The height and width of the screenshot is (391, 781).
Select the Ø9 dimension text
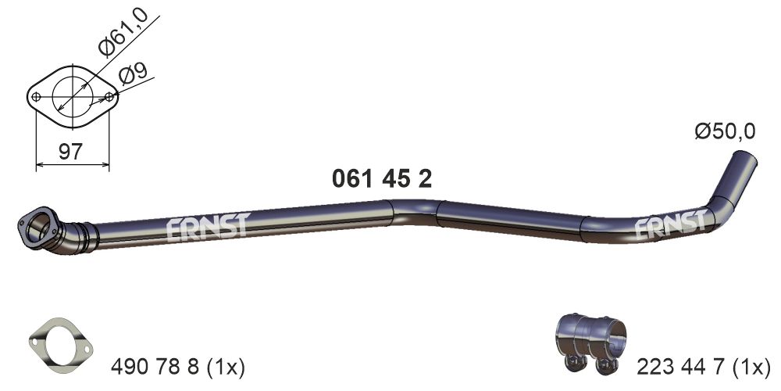[x=134, y=75]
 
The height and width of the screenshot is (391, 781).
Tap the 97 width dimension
[x=70, y=152]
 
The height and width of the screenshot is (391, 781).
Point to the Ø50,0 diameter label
[x=725, y=132]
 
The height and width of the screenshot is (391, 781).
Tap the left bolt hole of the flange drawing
[x=36, y=97]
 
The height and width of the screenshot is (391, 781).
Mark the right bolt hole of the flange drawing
[x=110, y=97]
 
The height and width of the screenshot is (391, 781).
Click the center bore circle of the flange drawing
[x=73, y=97]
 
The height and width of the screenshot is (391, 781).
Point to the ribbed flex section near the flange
[x=81, y=235]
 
